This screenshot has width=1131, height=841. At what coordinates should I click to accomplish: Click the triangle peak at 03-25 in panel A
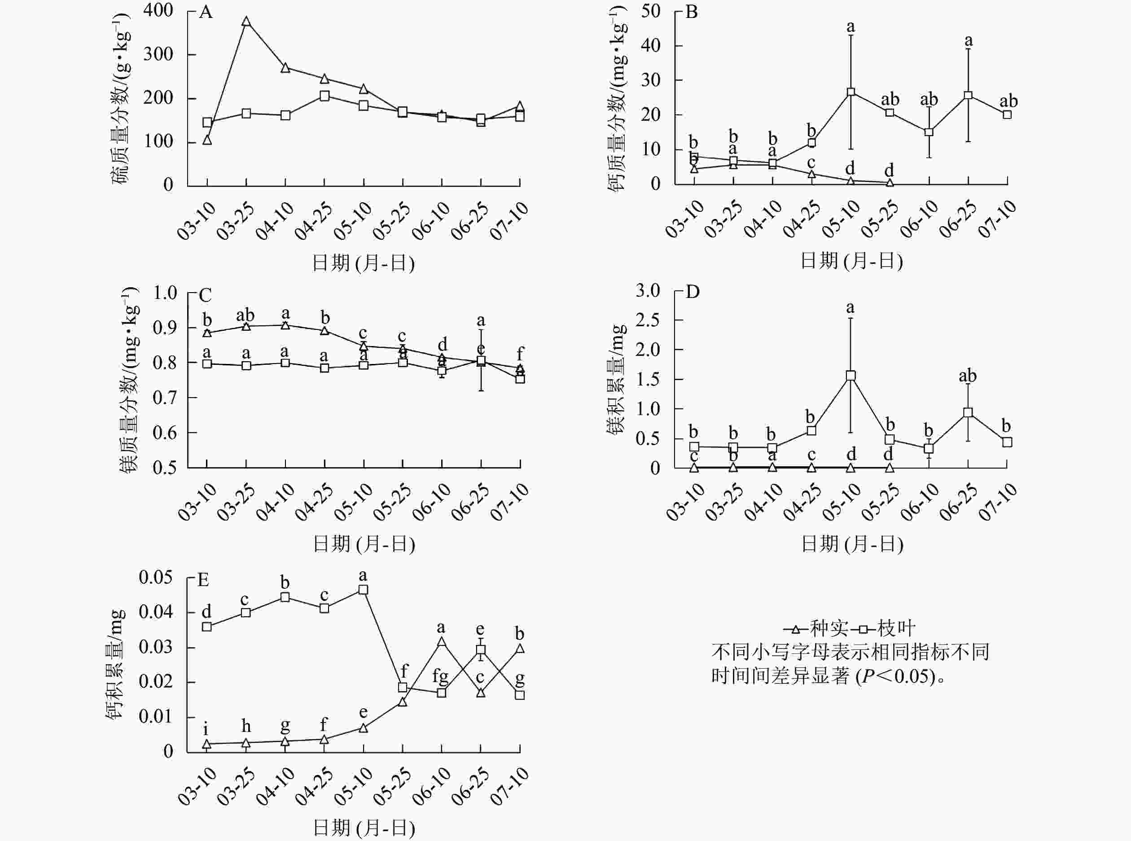click(x=246, y=22)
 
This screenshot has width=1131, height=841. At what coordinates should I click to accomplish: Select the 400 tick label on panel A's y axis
click(x=158, y=10)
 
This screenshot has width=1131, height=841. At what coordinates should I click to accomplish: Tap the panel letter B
click(x=691, y=12)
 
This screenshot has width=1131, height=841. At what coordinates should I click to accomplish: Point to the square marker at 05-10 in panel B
click(x=850, y=92)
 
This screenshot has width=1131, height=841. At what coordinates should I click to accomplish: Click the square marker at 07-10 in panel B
click(x=1007, y=114)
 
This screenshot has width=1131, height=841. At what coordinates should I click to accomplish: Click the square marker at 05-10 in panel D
click(x=850, y=376)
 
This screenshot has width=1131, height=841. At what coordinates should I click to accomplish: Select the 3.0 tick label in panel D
click(x=648, y=291)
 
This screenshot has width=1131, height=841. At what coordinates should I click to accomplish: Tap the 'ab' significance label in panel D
click(x=967, y=376)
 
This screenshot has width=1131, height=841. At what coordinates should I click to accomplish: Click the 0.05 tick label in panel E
click(x=156, y=577)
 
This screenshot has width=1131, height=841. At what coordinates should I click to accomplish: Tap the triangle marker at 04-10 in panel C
click(x=285, y=325)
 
